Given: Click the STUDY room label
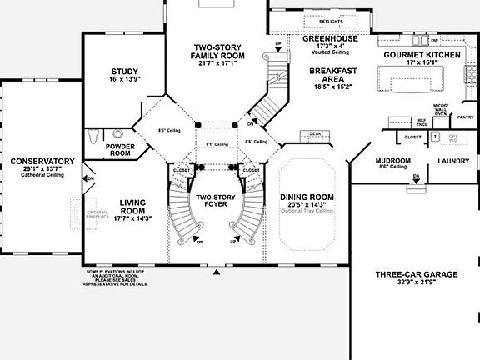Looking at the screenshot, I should click(124, 72).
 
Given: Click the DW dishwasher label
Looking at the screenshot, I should click(434, 39).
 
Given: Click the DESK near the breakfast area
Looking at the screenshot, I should click(315, 133).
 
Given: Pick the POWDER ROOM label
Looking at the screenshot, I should click(119, 150).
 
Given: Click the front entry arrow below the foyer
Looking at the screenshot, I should click(217, 272).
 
